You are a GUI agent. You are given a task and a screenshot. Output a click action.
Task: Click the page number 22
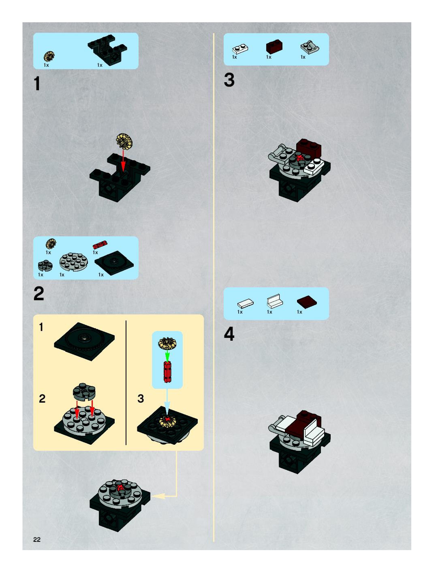[37, 539]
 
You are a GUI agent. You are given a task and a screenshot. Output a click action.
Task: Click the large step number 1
[37, 84]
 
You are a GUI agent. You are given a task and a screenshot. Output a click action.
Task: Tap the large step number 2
[39, 294]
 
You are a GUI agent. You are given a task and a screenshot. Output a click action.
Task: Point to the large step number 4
[229, 334]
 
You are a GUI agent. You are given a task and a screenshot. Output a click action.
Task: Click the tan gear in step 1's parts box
[49, 57]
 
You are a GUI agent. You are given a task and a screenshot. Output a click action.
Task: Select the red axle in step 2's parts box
[100, 245]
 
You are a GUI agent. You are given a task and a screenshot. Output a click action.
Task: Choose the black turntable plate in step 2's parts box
[114, 263]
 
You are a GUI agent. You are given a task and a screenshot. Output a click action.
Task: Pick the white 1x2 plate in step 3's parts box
[240, 49]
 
